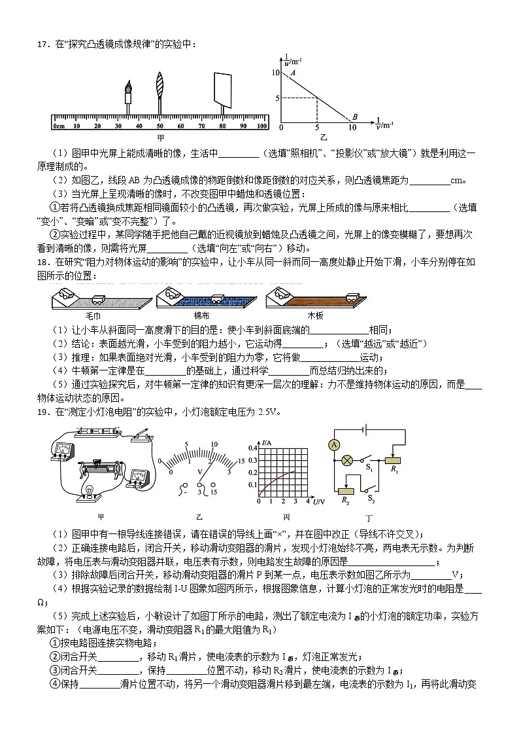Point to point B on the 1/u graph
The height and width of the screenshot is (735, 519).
coord(355,117)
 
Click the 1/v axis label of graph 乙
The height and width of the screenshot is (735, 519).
coord(383,122)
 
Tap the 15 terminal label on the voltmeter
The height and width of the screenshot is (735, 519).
coord(215,492)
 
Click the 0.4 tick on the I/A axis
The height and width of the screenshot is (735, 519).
coord(252,448)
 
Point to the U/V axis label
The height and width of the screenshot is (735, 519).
coord(319,502)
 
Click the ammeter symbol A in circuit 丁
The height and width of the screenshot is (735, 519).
coord(334,445)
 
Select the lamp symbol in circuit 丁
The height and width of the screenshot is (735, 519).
coord(348,461)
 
